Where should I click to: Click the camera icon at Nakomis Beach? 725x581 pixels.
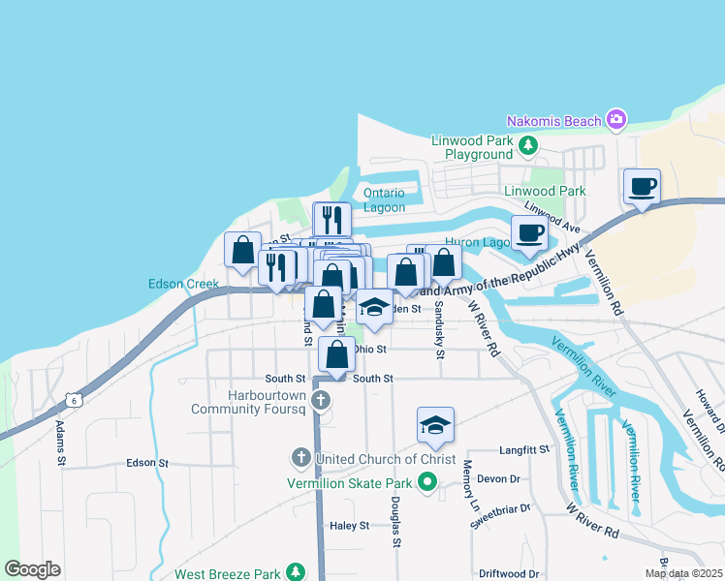[615, 120]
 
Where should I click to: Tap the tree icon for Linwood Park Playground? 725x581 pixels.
[527, 146]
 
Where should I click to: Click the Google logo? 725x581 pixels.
[32, 569]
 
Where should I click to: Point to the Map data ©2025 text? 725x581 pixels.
[682, 573]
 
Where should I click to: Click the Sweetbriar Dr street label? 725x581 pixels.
[501, 507]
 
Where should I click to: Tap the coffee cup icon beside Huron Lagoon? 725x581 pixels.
[529, 233]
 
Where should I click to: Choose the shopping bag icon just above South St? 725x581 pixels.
[336, 355]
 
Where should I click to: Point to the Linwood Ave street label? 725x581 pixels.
[552, 219]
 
